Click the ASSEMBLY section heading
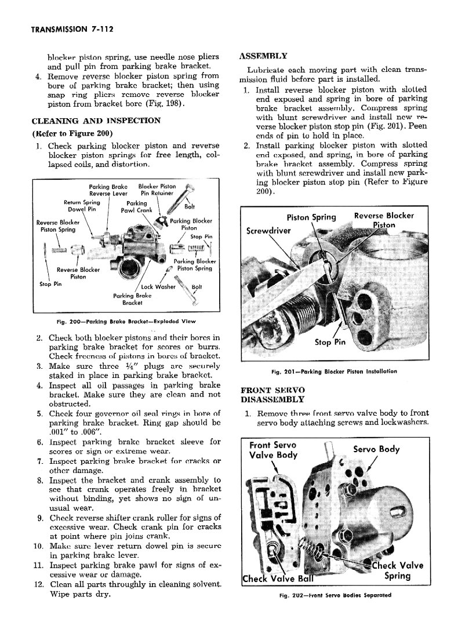pyautogui.click(x=263, y=56)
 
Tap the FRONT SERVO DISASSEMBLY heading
pyautogui.click(x=272, y=395)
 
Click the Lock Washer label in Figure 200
pyautogui.click(x=159, y=286)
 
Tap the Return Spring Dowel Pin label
pyautogui.click(x=81, y=206)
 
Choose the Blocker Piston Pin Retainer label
pyautogui.click(x=157, y=190)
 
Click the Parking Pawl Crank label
pyautogui.click(x=137, y=207)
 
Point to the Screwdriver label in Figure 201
pyautogui.click(x=268, y=230)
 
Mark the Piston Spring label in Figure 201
pyautogui.click(x=312, y=217)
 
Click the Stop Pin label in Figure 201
pyautogui.click(x=330, y=342)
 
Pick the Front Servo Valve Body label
pyautogui.click(x=273, y=450)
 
